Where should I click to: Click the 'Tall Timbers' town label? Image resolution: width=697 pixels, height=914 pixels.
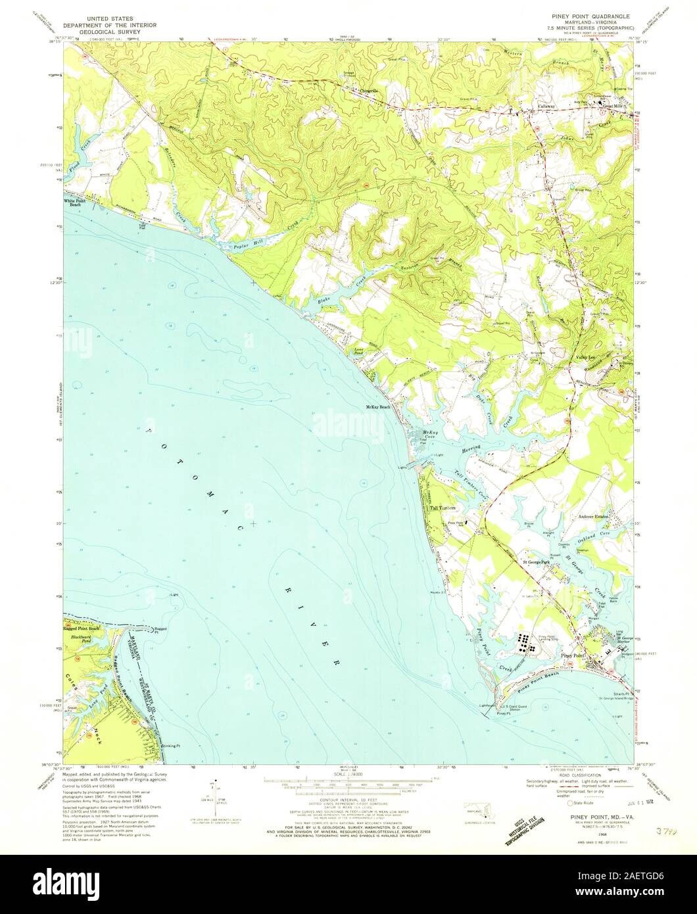443,508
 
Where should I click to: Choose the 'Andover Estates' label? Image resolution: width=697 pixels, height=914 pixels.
594,517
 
